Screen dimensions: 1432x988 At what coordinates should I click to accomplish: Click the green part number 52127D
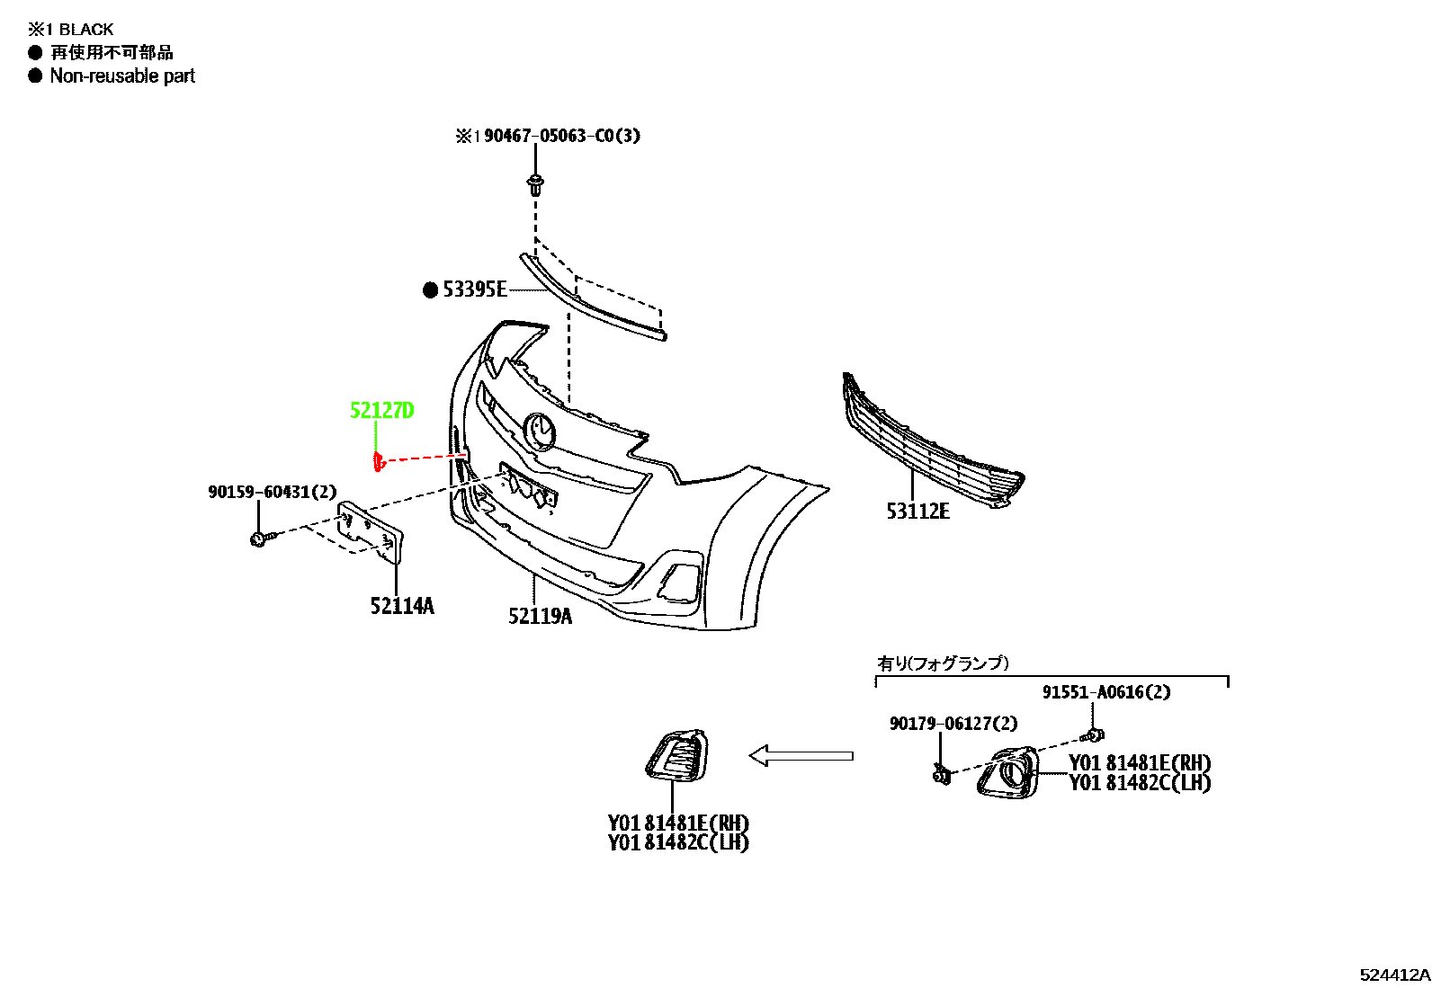tap(381, 410)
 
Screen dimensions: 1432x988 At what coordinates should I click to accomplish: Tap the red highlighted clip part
tap(378, 461)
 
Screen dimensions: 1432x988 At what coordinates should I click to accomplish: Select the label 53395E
tap(474, 290)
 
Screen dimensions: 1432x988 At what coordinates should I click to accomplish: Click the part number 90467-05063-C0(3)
tap(562, 136)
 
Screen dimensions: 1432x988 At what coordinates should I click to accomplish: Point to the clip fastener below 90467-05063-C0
tap(535, 186)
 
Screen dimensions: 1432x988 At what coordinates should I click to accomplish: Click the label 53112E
tap(917, 512)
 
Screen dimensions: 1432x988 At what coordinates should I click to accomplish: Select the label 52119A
tap(541, 616)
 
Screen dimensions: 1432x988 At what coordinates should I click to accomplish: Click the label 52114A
tap(402, 606)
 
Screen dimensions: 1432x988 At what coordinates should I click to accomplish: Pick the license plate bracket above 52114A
tap(371, 532)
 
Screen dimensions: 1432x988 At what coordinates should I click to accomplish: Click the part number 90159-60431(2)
tap(272, 492)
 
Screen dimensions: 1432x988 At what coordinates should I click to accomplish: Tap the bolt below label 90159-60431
tap(262, 539)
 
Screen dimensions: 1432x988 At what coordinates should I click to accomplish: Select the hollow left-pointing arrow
tap(801, 756)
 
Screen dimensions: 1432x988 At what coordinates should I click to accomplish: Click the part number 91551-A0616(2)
tap(1106, 693)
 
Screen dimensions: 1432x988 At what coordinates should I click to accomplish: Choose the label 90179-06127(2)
tap(953, 724)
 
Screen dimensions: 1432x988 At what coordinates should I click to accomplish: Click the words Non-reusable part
tap(122, 76)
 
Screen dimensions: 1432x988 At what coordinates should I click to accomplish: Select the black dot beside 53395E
tap(430, 290)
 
